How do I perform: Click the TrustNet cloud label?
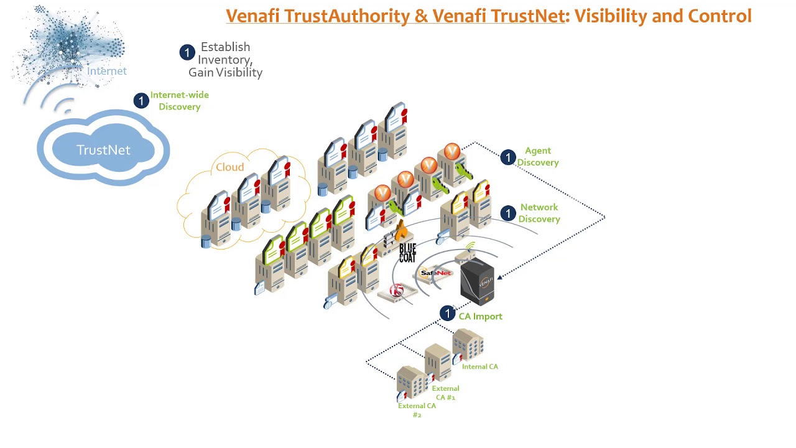(x=103, y=150)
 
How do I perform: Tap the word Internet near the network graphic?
(x=107, y=71)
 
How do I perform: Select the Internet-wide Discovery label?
(x=179, y=101)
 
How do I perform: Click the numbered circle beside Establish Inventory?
(x=187, y=53)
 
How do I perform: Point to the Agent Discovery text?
(x=538, y=156)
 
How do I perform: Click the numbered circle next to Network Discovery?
(x=508, y=213)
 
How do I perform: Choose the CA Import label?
(x=480, y=316)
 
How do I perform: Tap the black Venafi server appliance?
(x=477, y=282)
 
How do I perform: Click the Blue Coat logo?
(x=407, y=253)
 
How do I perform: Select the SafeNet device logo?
(x=435, y=273)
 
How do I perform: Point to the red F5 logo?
(x=396, y=291)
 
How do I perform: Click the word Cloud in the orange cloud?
(x=229, y=167)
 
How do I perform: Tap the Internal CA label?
(x=479, y=366)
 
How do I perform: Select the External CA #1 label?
(x=445, y=393)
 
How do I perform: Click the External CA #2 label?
(x=417, y=410)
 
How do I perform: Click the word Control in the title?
(x=724, y=16)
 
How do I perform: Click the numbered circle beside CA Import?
(x=447, y=314)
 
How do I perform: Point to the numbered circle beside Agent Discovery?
(x=508, y=157)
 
